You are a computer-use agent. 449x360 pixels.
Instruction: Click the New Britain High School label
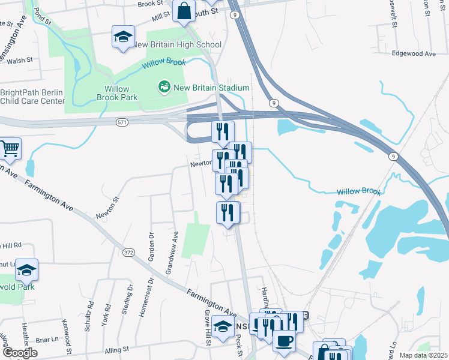click(x=176, y=45)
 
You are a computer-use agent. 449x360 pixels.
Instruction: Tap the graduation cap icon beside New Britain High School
click(x=123, y=37)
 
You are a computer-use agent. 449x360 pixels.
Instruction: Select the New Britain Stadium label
click(x=211, y=88)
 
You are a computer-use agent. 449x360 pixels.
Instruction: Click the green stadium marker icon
click(x=163, y=88)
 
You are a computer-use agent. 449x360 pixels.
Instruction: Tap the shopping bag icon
click(x=184, y=11)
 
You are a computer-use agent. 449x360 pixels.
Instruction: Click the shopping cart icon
click(x=9, y=148)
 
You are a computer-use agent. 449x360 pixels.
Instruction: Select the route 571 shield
click(x=122, y=122)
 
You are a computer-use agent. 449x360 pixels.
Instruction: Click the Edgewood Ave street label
click(x=413, y=53)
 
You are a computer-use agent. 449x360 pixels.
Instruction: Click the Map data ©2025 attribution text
click(x=423, y=355)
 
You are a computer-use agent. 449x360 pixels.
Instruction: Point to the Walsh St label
click(x=20, y=61)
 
